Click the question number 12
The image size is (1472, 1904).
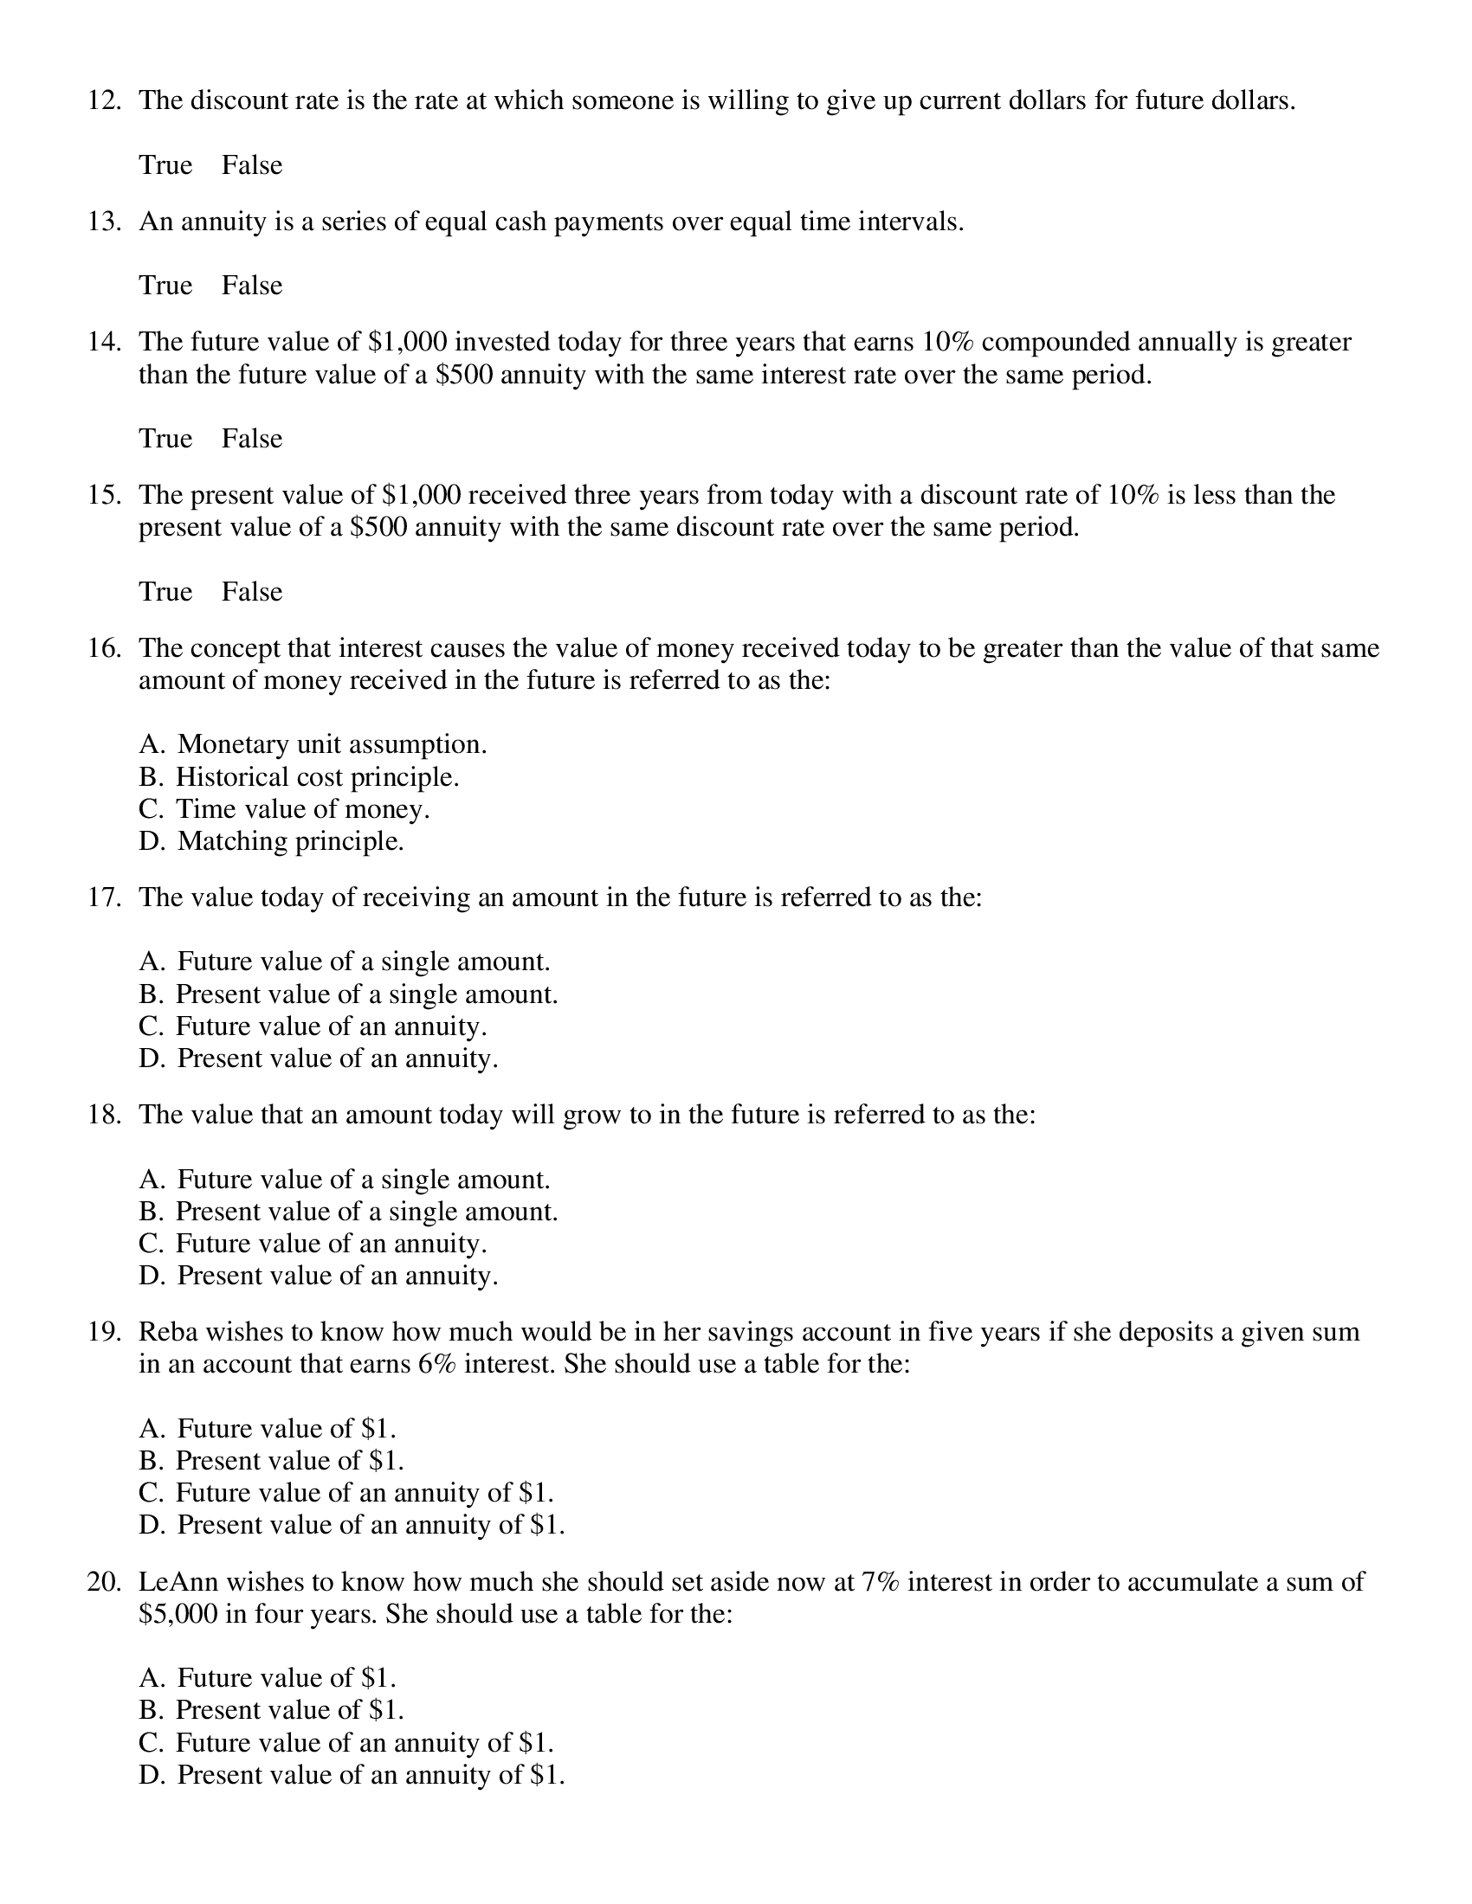click(104, 101)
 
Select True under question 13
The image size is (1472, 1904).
click(165, 285)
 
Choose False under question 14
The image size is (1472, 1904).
click(251, 438)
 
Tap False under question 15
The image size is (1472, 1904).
click(251, 591)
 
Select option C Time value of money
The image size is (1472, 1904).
click(284, 809)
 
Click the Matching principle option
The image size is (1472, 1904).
click(271, 841)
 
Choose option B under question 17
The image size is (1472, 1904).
click(348, 994)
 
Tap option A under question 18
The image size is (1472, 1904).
click(345, 1180)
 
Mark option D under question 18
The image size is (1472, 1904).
click(319, 1276)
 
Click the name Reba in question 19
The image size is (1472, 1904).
click(167, 1332)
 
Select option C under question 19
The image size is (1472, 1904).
click(346, 1493)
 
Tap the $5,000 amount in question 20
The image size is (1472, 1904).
click(178, 1614)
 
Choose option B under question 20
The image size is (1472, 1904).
click(271, 1709)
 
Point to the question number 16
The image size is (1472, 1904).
click(104, 648)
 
